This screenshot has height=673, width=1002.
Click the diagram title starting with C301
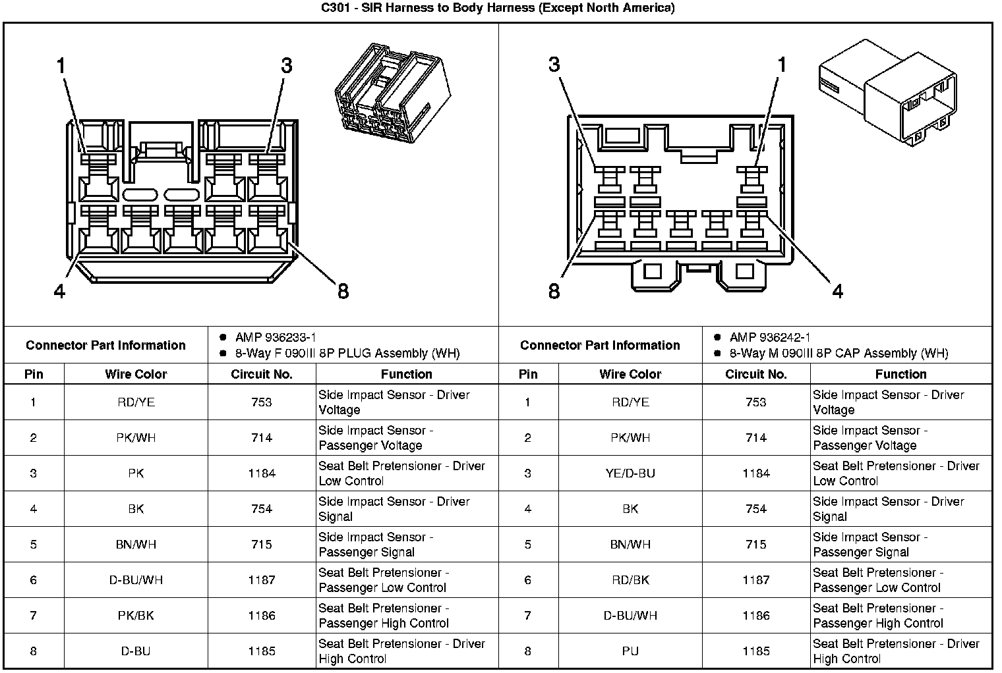[x=498, y=8]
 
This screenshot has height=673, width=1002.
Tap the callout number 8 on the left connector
[x=343, y=290]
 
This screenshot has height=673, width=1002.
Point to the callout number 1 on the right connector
[x=782, y=65]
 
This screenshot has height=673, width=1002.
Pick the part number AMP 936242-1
[x=770, y=337]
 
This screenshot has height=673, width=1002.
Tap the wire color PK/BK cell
[x=136, y=616]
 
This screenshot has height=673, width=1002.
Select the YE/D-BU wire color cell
[x=630, y=473]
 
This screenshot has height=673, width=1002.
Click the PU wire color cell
[x=630, y=651]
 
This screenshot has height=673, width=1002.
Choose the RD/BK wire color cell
[x=630, y=580]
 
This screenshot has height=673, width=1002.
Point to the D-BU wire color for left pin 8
[x=136, y=651]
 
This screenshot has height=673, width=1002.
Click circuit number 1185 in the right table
[x=756, y=651]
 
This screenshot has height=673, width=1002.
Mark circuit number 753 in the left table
[x=262, y=402]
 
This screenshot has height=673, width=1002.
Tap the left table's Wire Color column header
[x=136, y=374]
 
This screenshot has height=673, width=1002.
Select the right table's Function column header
[x=900, y=374]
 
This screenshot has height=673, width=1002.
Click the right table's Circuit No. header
[x=756, y=374]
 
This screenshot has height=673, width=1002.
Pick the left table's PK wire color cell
[x=136, y=473]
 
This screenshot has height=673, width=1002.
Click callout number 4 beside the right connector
[x=837, y=290]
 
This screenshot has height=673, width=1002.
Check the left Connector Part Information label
[x=105, y=345]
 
